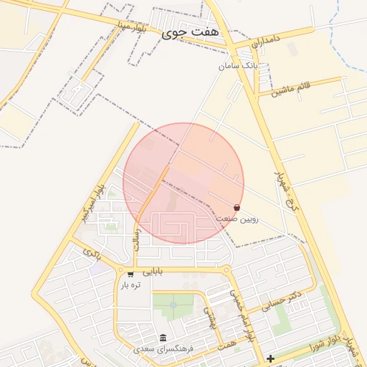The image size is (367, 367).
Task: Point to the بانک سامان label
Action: coord(238,65)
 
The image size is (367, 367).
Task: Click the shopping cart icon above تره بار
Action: coord(130,273)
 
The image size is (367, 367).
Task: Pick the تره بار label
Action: coord(130,285)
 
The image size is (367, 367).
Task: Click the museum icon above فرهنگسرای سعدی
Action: coord(163,338)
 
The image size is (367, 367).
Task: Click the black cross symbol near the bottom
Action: coord(270,358)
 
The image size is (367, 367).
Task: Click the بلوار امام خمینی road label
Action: coord(242,315)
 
